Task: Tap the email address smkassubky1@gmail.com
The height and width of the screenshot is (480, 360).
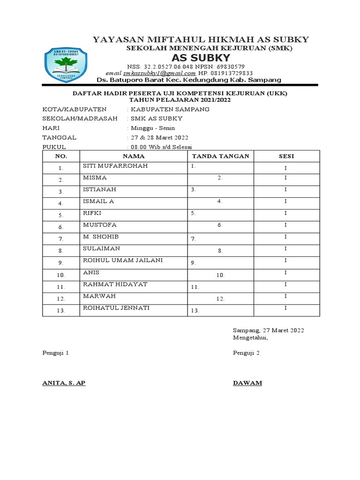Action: (159, 73)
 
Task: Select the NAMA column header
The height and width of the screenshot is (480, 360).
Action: (134, 156)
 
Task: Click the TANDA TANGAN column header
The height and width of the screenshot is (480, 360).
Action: (221, 156)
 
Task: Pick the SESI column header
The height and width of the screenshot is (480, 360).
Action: (286, 156)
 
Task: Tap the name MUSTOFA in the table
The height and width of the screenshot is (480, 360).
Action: (99, 225)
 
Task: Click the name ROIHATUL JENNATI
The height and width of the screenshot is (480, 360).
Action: (116, 308)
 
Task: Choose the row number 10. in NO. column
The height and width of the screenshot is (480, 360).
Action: (61, 275)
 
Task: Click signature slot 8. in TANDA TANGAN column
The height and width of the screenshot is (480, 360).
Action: (220, 251)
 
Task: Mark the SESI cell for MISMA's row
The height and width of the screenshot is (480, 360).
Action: (286, 178)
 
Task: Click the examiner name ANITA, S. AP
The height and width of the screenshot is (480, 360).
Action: (64, 383)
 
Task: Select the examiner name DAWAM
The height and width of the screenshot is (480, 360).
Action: (247, 383)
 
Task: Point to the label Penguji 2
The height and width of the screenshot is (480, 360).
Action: (246, 353)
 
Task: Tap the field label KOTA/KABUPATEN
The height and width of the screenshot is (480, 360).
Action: (65, 109)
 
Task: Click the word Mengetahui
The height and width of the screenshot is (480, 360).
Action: (250, 337)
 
